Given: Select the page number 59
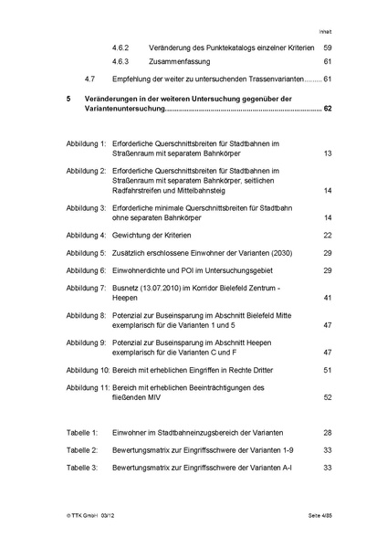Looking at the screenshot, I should tap(328, 47).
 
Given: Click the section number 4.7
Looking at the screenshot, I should tap(88, 79).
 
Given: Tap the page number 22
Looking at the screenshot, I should tap(327, 235).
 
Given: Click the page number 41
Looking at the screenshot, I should tap(327, 299).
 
